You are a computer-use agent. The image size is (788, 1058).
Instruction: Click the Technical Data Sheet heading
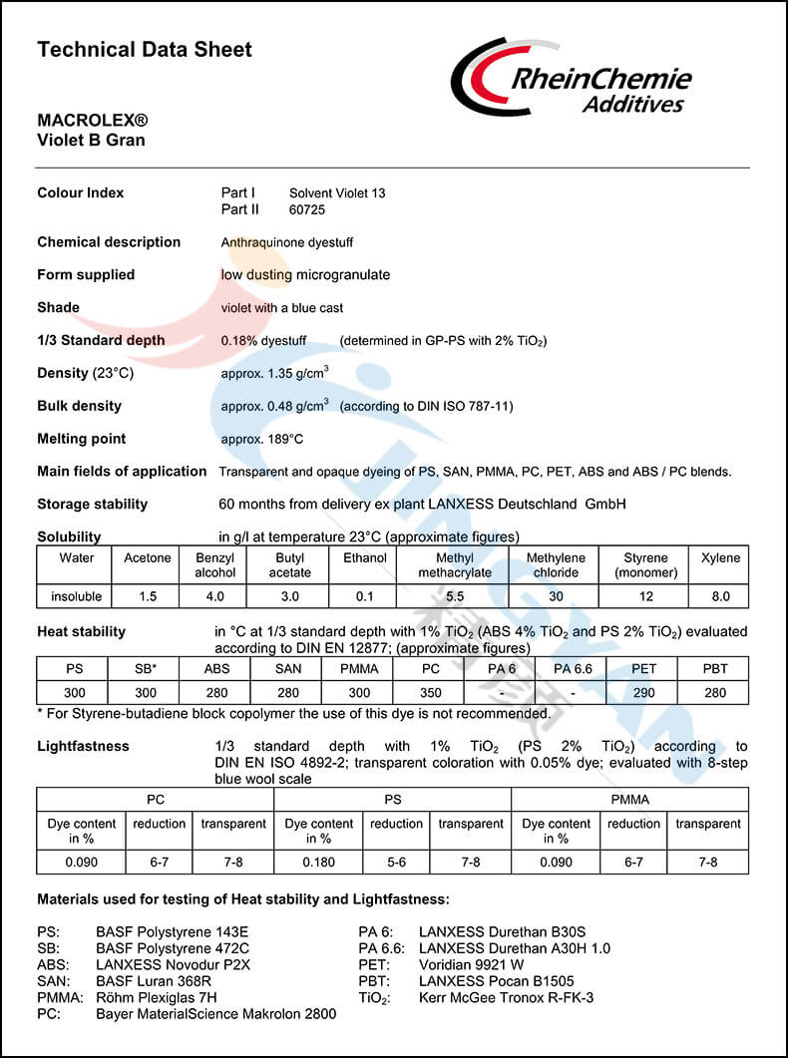point(144,49)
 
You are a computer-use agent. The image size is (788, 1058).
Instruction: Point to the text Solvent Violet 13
point(337,192)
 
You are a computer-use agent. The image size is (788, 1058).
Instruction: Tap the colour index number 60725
point(307,209)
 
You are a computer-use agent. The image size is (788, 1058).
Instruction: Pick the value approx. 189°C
point(262,439)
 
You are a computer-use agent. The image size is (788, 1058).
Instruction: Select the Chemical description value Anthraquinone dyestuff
point(287,242)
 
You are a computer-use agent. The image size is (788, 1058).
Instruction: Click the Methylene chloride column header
point(556,564)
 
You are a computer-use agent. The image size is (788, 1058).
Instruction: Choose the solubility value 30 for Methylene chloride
point(556,596)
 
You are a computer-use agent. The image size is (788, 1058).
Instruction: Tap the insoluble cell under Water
point(76,596)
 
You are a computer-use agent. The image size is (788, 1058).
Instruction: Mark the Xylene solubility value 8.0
point(720,596)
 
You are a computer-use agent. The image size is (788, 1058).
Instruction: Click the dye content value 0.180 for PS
point(319,862)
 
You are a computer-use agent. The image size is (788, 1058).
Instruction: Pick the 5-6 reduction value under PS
point(396,862)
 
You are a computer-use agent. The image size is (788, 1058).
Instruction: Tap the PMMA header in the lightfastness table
point(629,799)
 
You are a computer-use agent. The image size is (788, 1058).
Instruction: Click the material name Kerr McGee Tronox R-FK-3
point(506,997)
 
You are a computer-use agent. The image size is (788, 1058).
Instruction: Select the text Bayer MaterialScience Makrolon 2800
point(215,1014)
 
